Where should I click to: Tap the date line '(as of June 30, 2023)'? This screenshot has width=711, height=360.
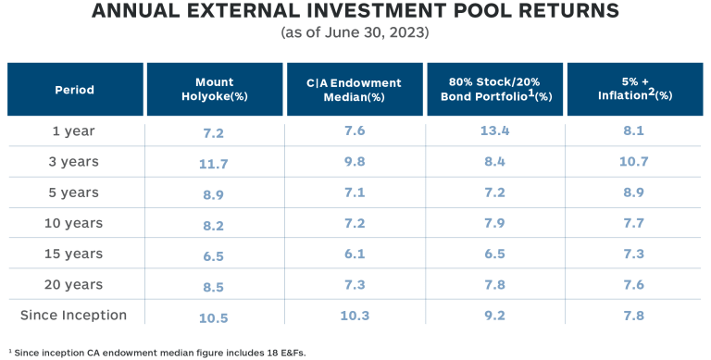[x=355, y=34]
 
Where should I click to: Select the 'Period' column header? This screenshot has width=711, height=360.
[x=75, y=90]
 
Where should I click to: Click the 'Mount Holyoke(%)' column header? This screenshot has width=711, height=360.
[x=214, y=89]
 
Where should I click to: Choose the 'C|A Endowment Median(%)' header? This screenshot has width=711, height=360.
[x=355, y=89]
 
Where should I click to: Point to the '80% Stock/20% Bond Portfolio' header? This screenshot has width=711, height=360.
[x=495, y=89]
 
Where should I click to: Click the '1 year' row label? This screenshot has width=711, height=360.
[x=74, y=131]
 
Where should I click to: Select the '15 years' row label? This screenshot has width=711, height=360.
[x=74, y=254]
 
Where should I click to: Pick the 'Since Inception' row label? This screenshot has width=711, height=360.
[x=74, y=315]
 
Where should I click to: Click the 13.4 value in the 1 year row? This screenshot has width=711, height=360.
[x=495, y=131]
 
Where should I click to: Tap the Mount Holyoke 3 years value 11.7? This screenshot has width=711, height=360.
[x=214, y=163]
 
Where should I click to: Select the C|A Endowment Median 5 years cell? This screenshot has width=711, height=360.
[x=355, y=193]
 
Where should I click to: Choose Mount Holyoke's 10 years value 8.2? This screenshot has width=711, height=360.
[x=214, y=224]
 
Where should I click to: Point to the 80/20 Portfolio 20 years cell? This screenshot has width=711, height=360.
[x=495, y=285]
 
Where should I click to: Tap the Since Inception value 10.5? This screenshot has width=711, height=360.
[x=214, y=317]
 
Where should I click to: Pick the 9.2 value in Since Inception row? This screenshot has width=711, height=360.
[x=495, y=317]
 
